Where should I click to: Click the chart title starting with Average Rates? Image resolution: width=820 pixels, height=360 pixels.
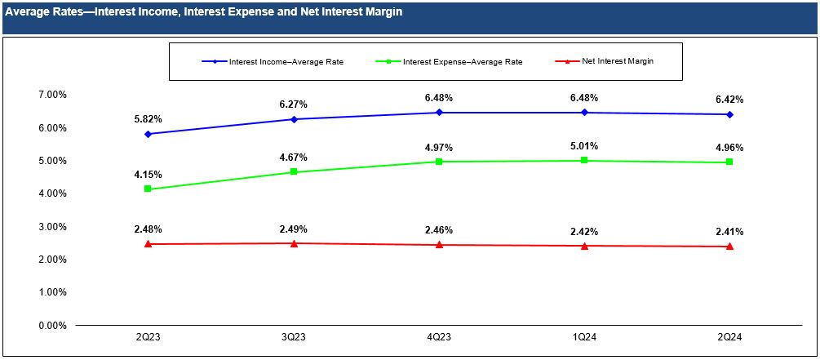[203, 13]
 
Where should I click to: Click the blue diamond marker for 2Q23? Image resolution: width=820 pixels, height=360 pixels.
[148, 134]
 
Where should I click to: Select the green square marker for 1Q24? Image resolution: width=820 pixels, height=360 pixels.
[584, 160]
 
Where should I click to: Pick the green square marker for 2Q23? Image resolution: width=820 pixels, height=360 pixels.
[148, 189]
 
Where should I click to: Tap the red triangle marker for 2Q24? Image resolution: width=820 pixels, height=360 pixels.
[729, 246]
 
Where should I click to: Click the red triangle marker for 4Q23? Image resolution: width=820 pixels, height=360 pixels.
[439, 244]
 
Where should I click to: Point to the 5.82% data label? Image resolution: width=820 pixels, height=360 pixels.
[148, 118]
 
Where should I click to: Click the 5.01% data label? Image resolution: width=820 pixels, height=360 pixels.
[584, 146]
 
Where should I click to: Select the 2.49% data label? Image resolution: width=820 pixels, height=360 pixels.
[294, 229]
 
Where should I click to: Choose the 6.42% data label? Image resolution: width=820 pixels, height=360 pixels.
[729, 100]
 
